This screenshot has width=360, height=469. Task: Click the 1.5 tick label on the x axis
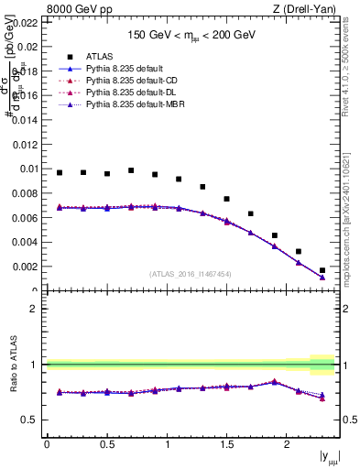click(227, 444)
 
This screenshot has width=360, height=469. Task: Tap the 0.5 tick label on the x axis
click(106, 444)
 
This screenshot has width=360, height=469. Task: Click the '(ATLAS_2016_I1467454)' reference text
click(191, 274)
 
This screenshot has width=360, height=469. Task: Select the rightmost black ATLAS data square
click(322, 270)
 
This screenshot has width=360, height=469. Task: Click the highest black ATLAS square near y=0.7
click(131, 170)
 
